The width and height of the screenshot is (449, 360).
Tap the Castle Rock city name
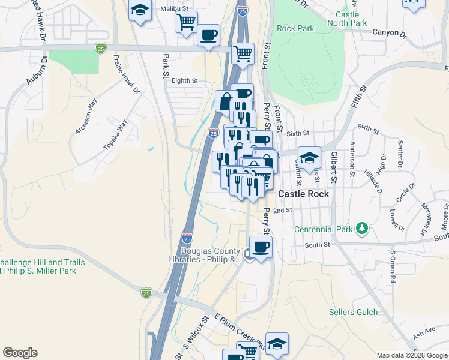(x=304, y=194)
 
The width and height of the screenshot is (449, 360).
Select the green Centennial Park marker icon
(x=361, y=229)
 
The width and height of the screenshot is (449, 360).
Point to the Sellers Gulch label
(x=354, y=312)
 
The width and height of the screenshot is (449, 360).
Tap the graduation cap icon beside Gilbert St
(x=309, y=158)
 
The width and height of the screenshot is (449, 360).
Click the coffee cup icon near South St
(x=261, y=247)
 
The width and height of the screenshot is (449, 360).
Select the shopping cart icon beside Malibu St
(x=186, y=22)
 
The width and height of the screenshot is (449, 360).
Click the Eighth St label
(x=185, y=80)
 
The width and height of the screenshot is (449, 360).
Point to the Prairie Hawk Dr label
(x=127, y=76)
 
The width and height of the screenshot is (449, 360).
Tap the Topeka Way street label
(x=116, y=135)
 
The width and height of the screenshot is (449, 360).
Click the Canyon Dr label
(x=386, y=32)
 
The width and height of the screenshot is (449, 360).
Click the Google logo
(x=20, y=353)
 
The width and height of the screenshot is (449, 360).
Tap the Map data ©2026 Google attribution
(x=411, y=355)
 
